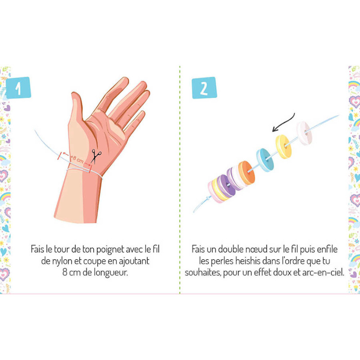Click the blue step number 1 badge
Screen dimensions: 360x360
[x=18, y=88]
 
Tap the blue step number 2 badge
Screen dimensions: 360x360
[x=204, y=88]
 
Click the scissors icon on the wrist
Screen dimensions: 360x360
[x=96, y=156]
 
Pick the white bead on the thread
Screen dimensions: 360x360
[x=304, y=133]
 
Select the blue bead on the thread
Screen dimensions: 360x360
[x=265, y=160]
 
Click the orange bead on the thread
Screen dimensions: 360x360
[x=247, y=173]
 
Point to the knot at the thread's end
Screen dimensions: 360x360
[x=208, y=198]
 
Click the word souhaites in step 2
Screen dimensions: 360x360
[x=203, y=273]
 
